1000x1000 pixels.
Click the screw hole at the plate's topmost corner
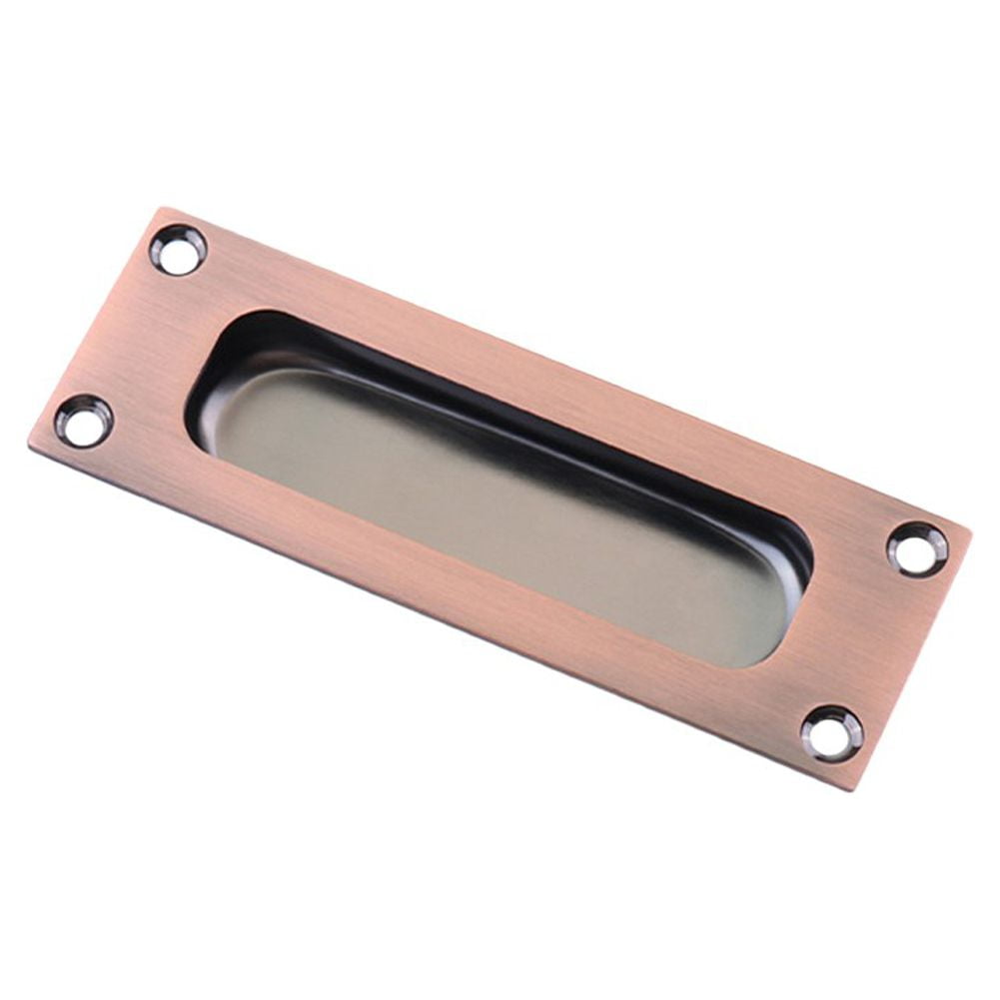pos(178,250)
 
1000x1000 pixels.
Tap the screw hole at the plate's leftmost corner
pos(84,421)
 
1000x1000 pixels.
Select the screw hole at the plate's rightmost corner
pos(917,548)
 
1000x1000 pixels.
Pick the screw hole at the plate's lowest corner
pos(831,733)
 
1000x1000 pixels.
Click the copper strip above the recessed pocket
pos(559,375)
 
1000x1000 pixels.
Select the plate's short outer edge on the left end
pos(95,325)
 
